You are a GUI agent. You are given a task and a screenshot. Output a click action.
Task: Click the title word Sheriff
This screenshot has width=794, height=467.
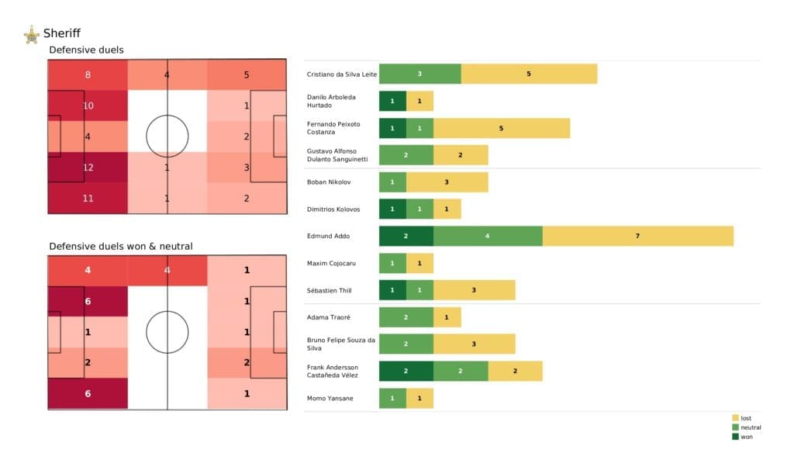click(x=62, y=33)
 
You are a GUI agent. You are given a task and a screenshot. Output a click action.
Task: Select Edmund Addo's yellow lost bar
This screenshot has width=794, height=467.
click(x=637, y=236)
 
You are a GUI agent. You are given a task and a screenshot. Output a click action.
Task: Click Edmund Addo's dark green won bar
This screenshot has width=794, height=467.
click(x=406, y=236)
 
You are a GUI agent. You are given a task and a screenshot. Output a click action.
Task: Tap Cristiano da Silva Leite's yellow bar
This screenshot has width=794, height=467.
click(x=529, y=74)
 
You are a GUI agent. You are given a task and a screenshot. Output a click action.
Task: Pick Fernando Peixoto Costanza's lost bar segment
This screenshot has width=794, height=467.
click(x=501, y=128)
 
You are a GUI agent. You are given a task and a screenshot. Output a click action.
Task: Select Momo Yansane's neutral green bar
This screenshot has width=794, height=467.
click(x=392, y=398)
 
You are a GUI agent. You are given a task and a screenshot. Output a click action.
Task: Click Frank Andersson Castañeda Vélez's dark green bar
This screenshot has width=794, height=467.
click(x=406, y=371)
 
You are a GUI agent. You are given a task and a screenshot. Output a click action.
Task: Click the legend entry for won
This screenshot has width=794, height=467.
click(x=747, y=436)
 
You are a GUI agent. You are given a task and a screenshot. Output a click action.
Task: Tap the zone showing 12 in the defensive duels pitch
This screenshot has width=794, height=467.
click(x=88, y=167)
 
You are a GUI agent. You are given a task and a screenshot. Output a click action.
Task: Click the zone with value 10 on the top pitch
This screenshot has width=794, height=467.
click(x=88, y=106)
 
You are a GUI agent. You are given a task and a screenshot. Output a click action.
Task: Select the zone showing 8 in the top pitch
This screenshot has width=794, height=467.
click(x=88, y=75)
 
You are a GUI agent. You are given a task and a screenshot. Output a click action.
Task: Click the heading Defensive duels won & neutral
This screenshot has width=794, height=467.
click(x=120, y=246)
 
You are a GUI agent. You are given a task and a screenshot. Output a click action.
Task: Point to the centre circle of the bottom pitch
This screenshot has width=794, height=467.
click(x=167, y=332)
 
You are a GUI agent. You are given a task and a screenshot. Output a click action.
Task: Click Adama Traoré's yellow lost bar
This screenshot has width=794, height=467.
click(x=447, y=317)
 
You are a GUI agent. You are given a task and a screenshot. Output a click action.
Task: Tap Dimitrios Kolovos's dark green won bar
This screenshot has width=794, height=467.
click(x=392, y=209)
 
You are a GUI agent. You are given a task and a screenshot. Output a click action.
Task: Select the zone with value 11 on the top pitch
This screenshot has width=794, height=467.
click(x=88, y=198)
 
